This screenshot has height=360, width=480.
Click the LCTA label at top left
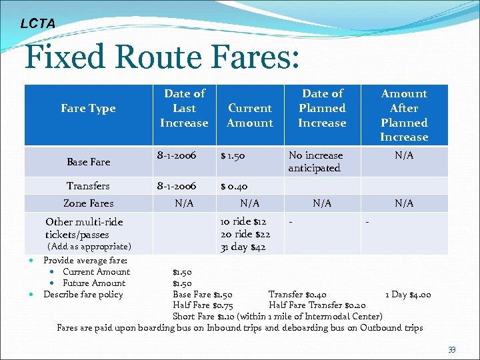tap(37, 23)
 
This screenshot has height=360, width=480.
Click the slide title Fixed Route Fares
tap(161, 58)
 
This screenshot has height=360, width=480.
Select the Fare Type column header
tap(88, 109)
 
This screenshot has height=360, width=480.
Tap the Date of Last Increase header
tap(184, 108)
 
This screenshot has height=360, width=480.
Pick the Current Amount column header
tap(250, 115)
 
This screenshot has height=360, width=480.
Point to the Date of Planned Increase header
tap(323, 108)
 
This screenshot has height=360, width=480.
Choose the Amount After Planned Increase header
tap(404, 115)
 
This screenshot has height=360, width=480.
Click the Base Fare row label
tap(89, 162)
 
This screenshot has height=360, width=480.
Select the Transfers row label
tap(88, 186)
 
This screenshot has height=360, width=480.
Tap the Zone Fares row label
tap(88, 203)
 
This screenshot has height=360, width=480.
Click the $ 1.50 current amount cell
tap(233, 155)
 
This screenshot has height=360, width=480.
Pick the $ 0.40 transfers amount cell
tap(234, 187)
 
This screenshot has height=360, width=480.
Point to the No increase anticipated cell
tap(315, 161)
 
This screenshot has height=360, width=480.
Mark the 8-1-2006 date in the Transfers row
tap(176, 187)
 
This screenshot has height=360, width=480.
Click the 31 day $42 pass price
tap(243, 247)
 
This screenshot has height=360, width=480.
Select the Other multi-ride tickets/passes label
tap(84, 228)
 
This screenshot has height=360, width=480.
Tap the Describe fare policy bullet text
tap(83, 294)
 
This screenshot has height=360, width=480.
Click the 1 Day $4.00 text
tap(409, 295)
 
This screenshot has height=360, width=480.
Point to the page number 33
tap(452, 349)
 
